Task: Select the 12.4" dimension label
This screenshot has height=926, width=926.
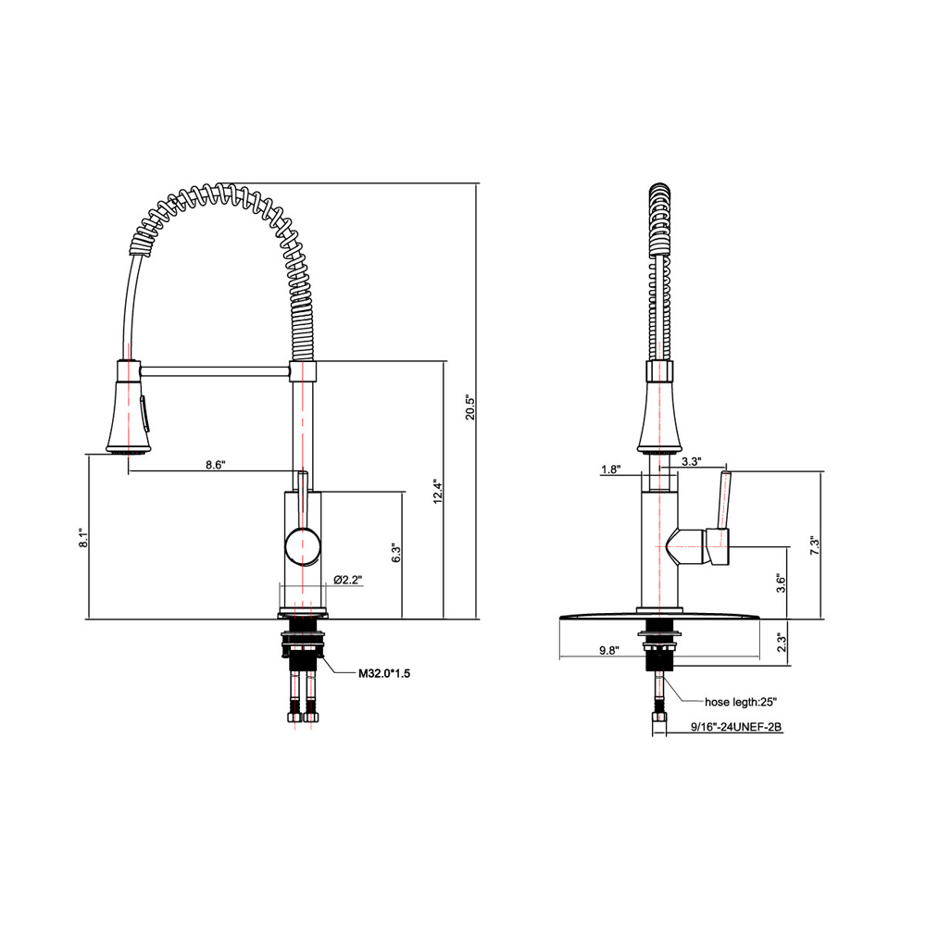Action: (x=437, y=492)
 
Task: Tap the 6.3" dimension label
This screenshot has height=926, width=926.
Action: (x=395, y=553)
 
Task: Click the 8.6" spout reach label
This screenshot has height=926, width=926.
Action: (x=215, y=466)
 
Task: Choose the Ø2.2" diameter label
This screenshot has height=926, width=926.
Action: (x=347, y=581)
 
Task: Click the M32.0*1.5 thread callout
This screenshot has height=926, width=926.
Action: (x=384, y=674)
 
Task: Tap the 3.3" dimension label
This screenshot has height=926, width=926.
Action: (x=690, y=460)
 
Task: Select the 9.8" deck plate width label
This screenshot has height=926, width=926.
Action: (x=608, y=650)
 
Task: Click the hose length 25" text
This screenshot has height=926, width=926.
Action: (x=741, y=701)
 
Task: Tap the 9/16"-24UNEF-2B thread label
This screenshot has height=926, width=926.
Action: (x=737, y=728)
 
